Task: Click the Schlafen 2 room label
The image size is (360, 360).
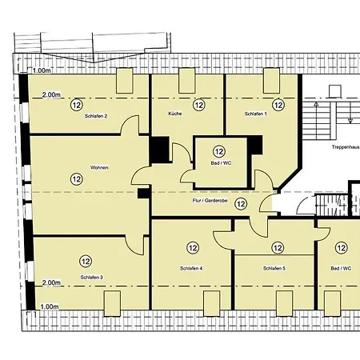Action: [96, 116]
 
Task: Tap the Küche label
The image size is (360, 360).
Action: [175, 114]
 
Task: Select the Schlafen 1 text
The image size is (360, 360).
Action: [255, 114]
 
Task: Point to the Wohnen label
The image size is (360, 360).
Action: [99, 167]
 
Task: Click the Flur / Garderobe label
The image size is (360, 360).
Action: [210, 201]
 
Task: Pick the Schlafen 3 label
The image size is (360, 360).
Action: [91, 278]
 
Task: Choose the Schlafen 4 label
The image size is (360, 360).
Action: [191, 268]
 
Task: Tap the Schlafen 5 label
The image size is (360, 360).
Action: [274, 268]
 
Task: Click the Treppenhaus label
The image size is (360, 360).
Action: [346, 147]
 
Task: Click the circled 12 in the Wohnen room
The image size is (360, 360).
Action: [77, 179]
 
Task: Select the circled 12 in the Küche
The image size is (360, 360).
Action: [199, 105]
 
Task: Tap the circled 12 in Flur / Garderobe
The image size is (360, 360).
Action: [241, 204]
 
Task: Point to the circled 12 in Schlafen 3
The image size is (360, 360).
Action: [86, 261]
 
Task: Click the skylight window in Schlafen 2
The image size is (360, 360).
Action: [125, 81]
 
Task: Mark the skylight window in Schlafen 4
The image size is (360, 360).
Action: [212, 303]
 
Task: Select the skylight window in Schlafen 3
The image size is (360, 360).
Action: [112, 303]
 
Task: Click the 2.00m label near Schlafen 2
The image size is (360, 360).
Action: [51, 94]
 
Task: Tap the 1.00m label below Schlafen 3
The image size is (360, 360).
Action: [50, 306]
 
